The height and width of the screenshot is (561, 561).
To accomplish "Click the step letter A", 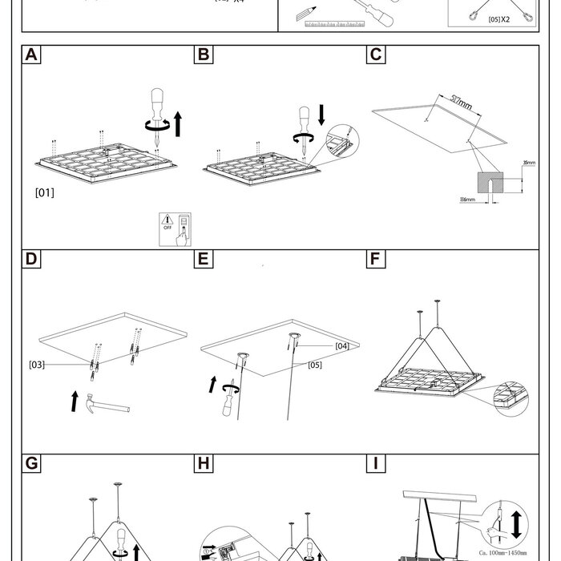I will (x=30, y=55).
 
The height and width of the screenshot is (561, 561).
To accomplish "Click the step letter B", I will (x=204, y=55).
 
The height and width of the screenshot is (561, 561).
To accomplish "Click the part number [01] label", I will (x=45, y=192).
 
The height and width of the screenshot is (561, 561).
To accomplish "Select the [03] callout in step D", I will (x=36, y=365).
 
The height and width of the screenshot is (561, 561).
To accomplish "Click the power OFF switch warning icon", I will (x=175, y=228).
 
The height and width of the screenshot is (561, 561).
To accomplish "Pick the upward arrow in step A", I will (x=178, y=124).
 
